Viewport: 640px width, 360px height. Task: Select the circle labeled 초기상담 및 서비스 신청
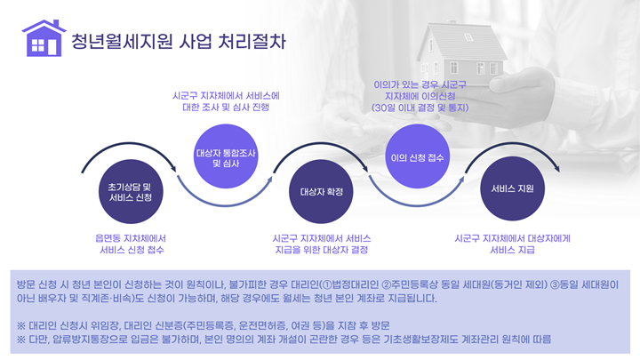[x=130, y=190]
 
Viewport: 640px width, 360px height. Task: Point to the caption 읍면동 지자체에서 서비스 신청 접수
[x=132, y=244]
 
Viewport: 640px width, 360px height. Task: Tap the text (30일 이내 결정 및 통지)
[x=420, y=107]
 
